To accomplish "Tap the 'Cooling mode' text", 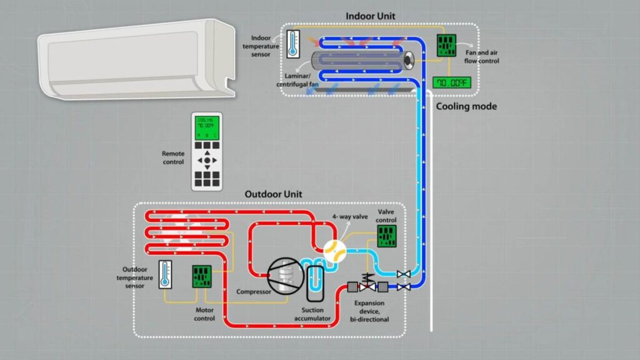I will point(466,107).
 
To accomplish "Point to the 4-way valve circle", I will point(335,251).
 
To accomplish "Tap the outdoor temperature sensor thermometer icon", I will point(164,274).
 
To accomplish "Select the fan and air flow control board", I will point(446,44).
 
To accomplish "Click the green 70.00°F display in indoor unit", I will point(451,82).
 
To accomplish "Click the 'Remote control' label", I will point(173,157).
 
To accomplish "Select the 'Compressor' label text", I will point(253,292).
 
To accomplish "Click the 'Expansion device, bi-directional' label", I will point(370,311).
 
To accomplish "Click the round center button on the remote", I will point(207,160).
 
